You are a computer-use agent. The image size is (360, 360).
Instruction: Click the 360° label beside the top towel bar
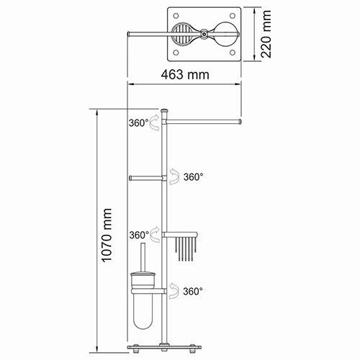[140, 123]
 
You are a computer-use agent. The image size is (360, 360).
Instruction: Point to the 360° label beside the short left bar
[193, 176]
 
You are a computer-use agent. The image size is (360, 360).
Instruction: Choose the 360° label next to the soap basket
[140, 235]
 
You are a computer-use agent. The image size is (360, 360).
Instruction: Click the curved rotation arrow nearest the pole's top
[156, 125]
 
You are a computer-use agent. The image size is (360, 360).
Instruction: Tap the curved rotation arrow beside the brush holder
[175, 291]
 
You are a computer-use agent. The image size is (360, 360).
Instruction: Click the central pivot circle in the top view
[204, 33]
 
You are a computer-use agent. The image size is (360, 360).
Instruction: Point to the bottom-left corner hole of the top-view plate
[174, 53]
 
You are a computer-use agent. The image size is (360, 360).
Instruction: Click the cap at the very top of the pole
[165, 110]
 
